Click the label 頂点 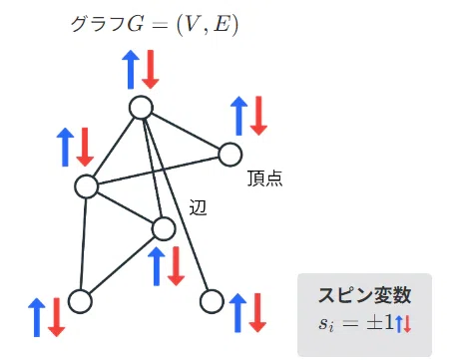264,179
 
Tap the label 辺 198,207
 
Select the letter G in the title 136,24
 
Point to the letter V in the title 192,24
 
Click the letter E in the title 223,24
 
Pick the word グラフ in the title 99,24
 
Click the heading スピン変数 364,295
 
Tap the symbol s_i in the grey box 326,323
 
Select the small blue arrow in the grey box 399,324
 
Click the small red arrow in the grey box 407,324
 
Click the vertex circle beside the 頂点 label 230,155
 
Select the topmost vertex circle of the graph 141,108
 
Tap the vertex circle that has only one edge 212,301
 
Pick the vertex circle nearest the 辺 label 163,228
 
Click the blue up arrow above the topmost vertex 131,70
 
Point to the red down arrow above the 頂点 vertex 258,116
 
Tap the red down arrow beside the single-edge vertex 257,313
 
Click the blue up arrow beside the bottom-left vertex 37,317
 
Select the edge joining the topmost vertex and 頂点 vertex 186,131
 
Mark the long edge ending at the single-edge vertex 177,204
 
